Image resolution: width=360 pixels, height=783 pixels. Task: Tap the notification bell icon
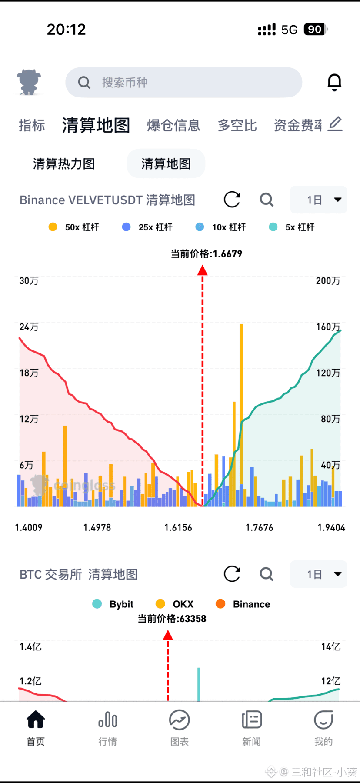tap(334, 82)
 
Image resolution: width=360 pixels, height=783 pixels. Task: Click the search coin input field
tap(184, 82)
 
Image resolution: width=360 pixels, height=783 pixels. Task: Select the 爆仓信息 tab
tap(173, 125)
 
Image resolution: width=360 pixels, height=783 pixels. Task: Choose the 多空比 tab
tap(237, 125)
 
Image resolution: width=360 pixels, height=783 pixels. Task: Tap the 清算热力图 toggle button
tap(64, 163)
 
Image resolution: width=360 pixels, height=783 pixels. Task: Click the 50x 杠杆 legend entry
tap(74, 227)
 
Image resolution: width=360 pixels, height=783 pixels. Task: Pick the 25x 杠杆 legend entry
tap(147, 227)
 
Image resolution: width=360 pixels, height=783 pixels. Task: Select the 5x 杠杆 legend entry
tap(292, 227)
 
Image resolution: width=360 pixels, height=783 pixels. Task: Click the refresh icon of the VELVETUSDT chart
tap(232, 200)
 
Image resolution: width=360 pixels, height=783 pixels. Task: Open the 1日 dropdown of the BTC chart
tap(319, 574)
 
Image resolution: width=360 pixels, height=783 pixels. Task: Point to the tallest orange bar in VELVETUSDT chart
tap(241, 415)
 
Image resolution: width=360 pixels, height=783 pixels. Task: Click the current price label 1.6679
tap(207, 253)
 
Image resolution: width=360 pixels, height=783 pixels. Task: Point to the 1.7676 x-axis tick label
tap(260, 527)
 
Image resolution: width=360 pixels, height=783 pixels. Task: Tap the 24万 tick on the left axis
tap(29, 327)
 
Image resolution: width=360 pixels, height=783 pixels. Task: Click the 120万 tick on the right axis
tap(328, 373)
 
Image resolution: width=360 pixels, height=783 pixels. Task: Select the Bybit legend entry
tap(113, 604)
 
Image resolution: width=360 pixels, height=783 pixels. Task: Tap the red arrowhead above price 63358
tap(168, 636)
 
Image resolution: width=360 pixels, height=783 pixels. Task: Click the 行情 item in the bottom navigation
tap(107, 728)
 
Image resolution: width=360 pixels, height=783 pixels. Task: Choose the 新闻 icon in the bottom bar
tap(252, 720)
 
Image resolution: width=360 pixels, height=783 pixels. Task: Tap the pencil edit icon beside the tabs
tap(335, 124)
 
